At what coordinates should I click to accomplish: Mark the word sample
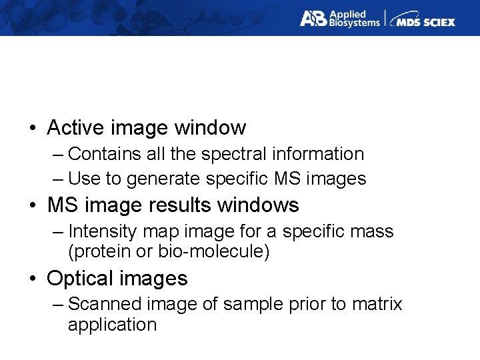click(x=247, y=304)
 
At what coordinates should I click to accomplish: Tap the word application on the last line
click(x=112, y=325)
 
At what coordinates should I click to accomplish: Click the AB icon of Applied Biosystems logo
click(x=312, y=19)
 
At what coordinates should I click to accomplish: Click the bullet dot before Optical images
click(x=33, y=278)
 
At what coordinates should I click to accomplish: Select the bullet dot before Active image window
click(x=33, y=128)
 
